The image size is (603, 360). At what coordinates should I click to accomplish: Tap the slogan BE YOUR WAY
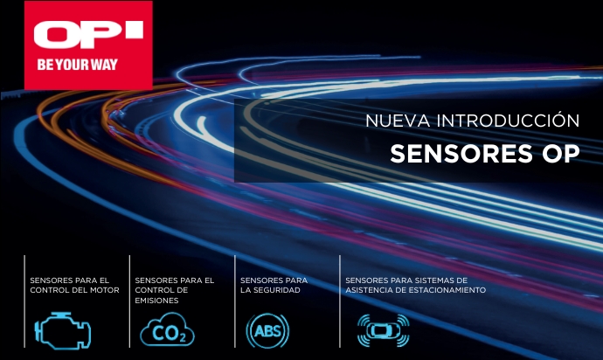click(77, 65)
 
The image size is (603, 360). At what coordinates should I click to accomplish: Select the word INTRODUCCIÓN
click(508, 120)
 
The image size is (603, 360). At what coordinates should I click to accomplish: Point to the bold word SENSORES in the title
click(461, 154)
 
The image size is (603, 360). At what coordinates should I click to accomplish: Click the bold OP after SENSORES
click(561, 154)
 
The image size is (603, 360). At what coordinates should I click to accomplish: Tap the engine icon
click(63, 330)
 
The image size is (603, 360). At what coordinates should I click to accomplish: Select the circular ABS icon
click(267, 331)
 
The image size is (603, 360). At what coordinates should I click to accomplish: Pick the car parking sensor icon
click(384, 330)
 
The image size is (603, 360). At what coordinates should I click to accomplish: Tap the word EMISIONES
click(157, 301)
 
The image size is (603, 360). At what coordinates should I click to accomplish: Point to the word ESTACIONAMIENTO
click(447, 290)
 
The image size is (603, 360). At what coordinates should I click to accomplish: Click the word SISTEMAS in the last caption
click(426, 280)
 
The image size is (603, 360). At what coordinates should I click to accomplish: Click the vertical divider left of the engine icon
click(24, 301)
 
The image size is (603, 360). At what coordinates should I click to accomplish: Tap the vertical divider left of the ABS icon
click(235, 301)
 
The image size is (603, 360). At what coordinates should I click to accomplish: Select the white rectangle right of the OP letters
click(135, 29)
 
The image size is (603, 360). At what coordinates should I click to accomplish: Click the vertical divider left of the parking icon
click(340, 301)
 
